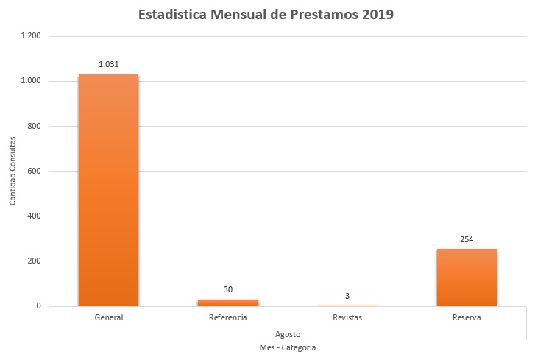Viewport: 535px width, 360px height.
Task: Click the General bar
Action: (108, 190)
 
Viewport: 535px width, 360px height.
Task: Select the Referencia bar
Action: (228, 303)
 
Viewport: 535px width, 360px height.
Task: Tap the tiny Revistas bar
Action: (347, 305)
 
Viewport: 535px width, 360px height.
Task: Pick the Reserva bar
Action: (467, 278)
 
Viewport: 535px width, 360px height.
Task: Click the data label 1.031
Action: (108, 64)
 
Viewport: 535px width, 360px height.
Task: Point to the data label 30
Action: (228, 289)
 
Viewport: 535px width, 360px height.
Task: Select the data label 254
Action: (467, 239)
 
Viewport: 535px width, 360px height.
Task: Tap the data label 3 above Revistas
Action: (347, 296)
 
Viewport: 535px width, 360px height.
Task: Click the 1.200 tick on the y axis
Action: (31, 36)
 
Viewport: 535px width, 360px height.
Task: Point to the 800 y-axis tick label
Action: (35, 127)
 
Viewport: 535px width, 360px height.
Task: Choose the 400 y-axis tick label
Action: (35, 216)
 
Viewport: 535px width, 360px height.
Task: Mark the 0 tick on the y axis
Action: (38, 306)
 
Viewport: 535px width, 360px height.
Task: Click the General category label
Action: (108, 318)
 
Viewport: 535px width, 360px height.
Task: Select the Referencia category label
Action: (228, 318)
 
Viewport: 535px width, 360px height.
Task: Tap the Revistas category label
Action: (347, 318)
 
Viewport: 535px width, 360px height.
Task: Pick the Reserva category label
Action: (467, 318)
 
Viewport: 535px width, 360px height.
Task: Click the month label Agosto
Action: (288, 333)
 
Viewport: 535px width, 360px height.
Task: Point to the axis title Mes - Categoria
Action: (288, 347)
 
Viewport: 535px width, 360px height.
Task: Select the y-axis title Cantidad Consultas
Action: (13, 171)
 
